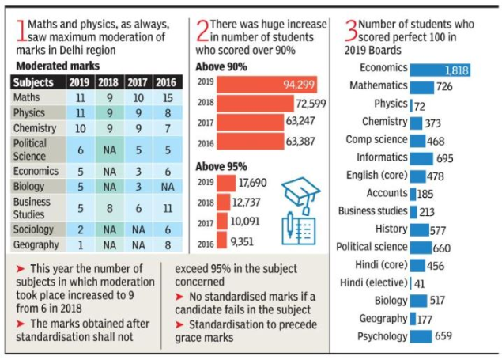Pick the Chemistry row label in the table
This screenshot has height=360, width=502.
[x=36, y=128]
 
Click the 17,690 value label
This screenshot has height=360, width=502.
[x=251, y=182]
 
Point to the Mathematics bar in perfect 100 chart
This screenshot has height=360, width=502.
[x=421, y=87]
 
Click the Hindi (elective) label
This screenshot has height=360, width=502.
[x=374, y=282]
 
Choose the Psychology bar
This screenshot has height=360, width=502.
[x=421, y=336]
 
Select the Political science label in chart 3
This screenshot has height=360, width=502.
[x=372, y=247]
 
